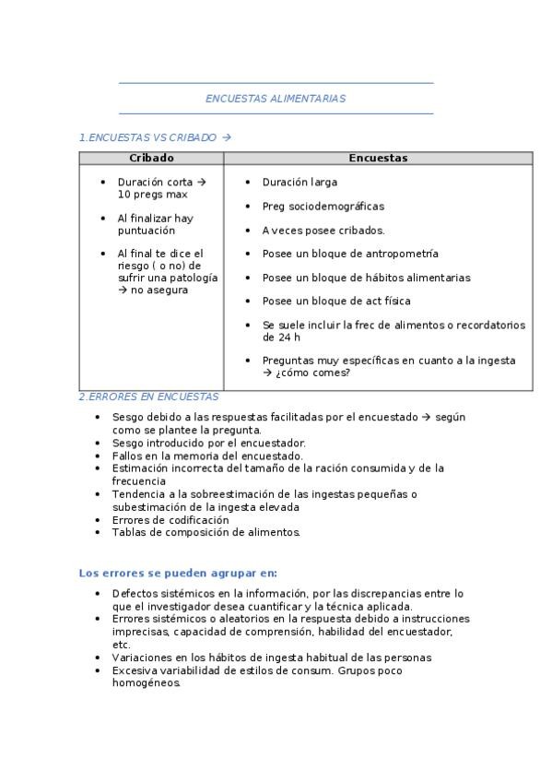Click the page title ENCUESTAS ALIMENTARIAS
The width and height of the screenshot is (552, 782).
(276, 98)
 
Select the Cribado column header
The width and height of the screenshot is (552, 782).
(151, 159)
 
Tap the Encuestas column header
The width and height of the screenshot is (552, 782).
(378, 159)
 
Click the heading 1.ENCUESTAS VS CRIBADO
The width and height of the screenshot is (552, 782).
(155, 137)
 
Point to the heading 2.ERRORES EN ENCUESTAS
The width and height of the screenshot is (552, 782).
(148, 397)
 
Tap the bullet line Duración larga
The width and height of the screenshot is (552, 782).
(299, 183)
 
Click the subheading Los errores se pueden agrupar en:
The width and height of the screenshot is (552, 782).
(178, 572)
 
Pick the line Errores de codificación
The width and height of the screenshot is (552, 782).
(170, 520)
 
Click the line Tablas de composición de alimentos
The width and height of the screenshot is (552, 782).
(206, 532)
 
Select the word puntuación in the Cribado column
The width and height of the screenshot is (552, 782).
(146, 231)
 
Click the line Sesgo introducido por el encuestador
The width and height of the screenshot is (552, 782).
(208, 443)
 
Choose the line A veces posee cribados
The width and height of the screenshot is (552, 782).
(323, 231)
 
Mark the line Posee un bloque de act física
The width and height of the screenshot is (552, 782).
(336, 302)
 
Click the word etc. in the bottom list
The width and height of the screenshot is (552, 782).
(121, 645)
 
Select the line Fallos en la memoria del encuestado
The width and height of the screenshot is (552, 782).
(207, 456)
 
